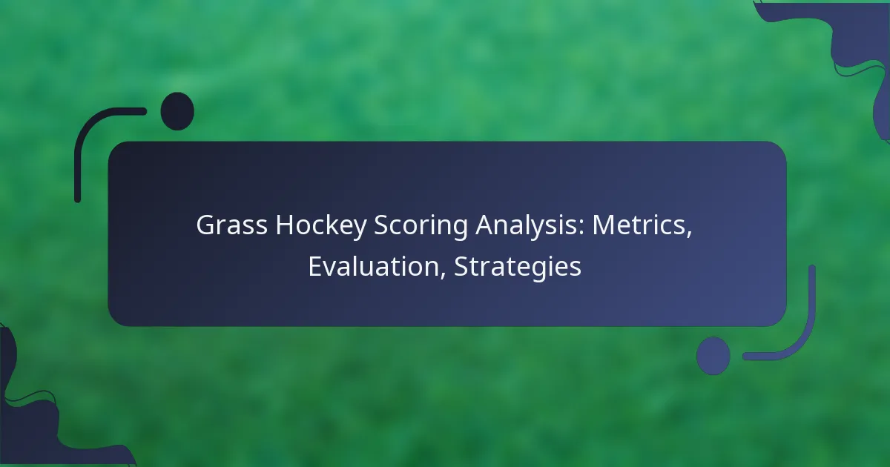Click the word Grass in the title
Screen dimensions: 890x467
231,225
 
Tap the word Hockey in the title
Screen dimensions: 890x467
321,227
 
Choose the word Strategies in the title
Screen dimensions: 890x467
518,268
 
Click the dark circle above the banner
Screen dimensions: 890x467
177,111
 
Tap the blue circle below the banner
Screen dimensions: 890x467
713,356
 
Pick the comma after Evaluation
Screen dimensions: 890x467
443,275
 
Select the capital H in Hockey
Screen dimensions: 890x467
285,225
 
